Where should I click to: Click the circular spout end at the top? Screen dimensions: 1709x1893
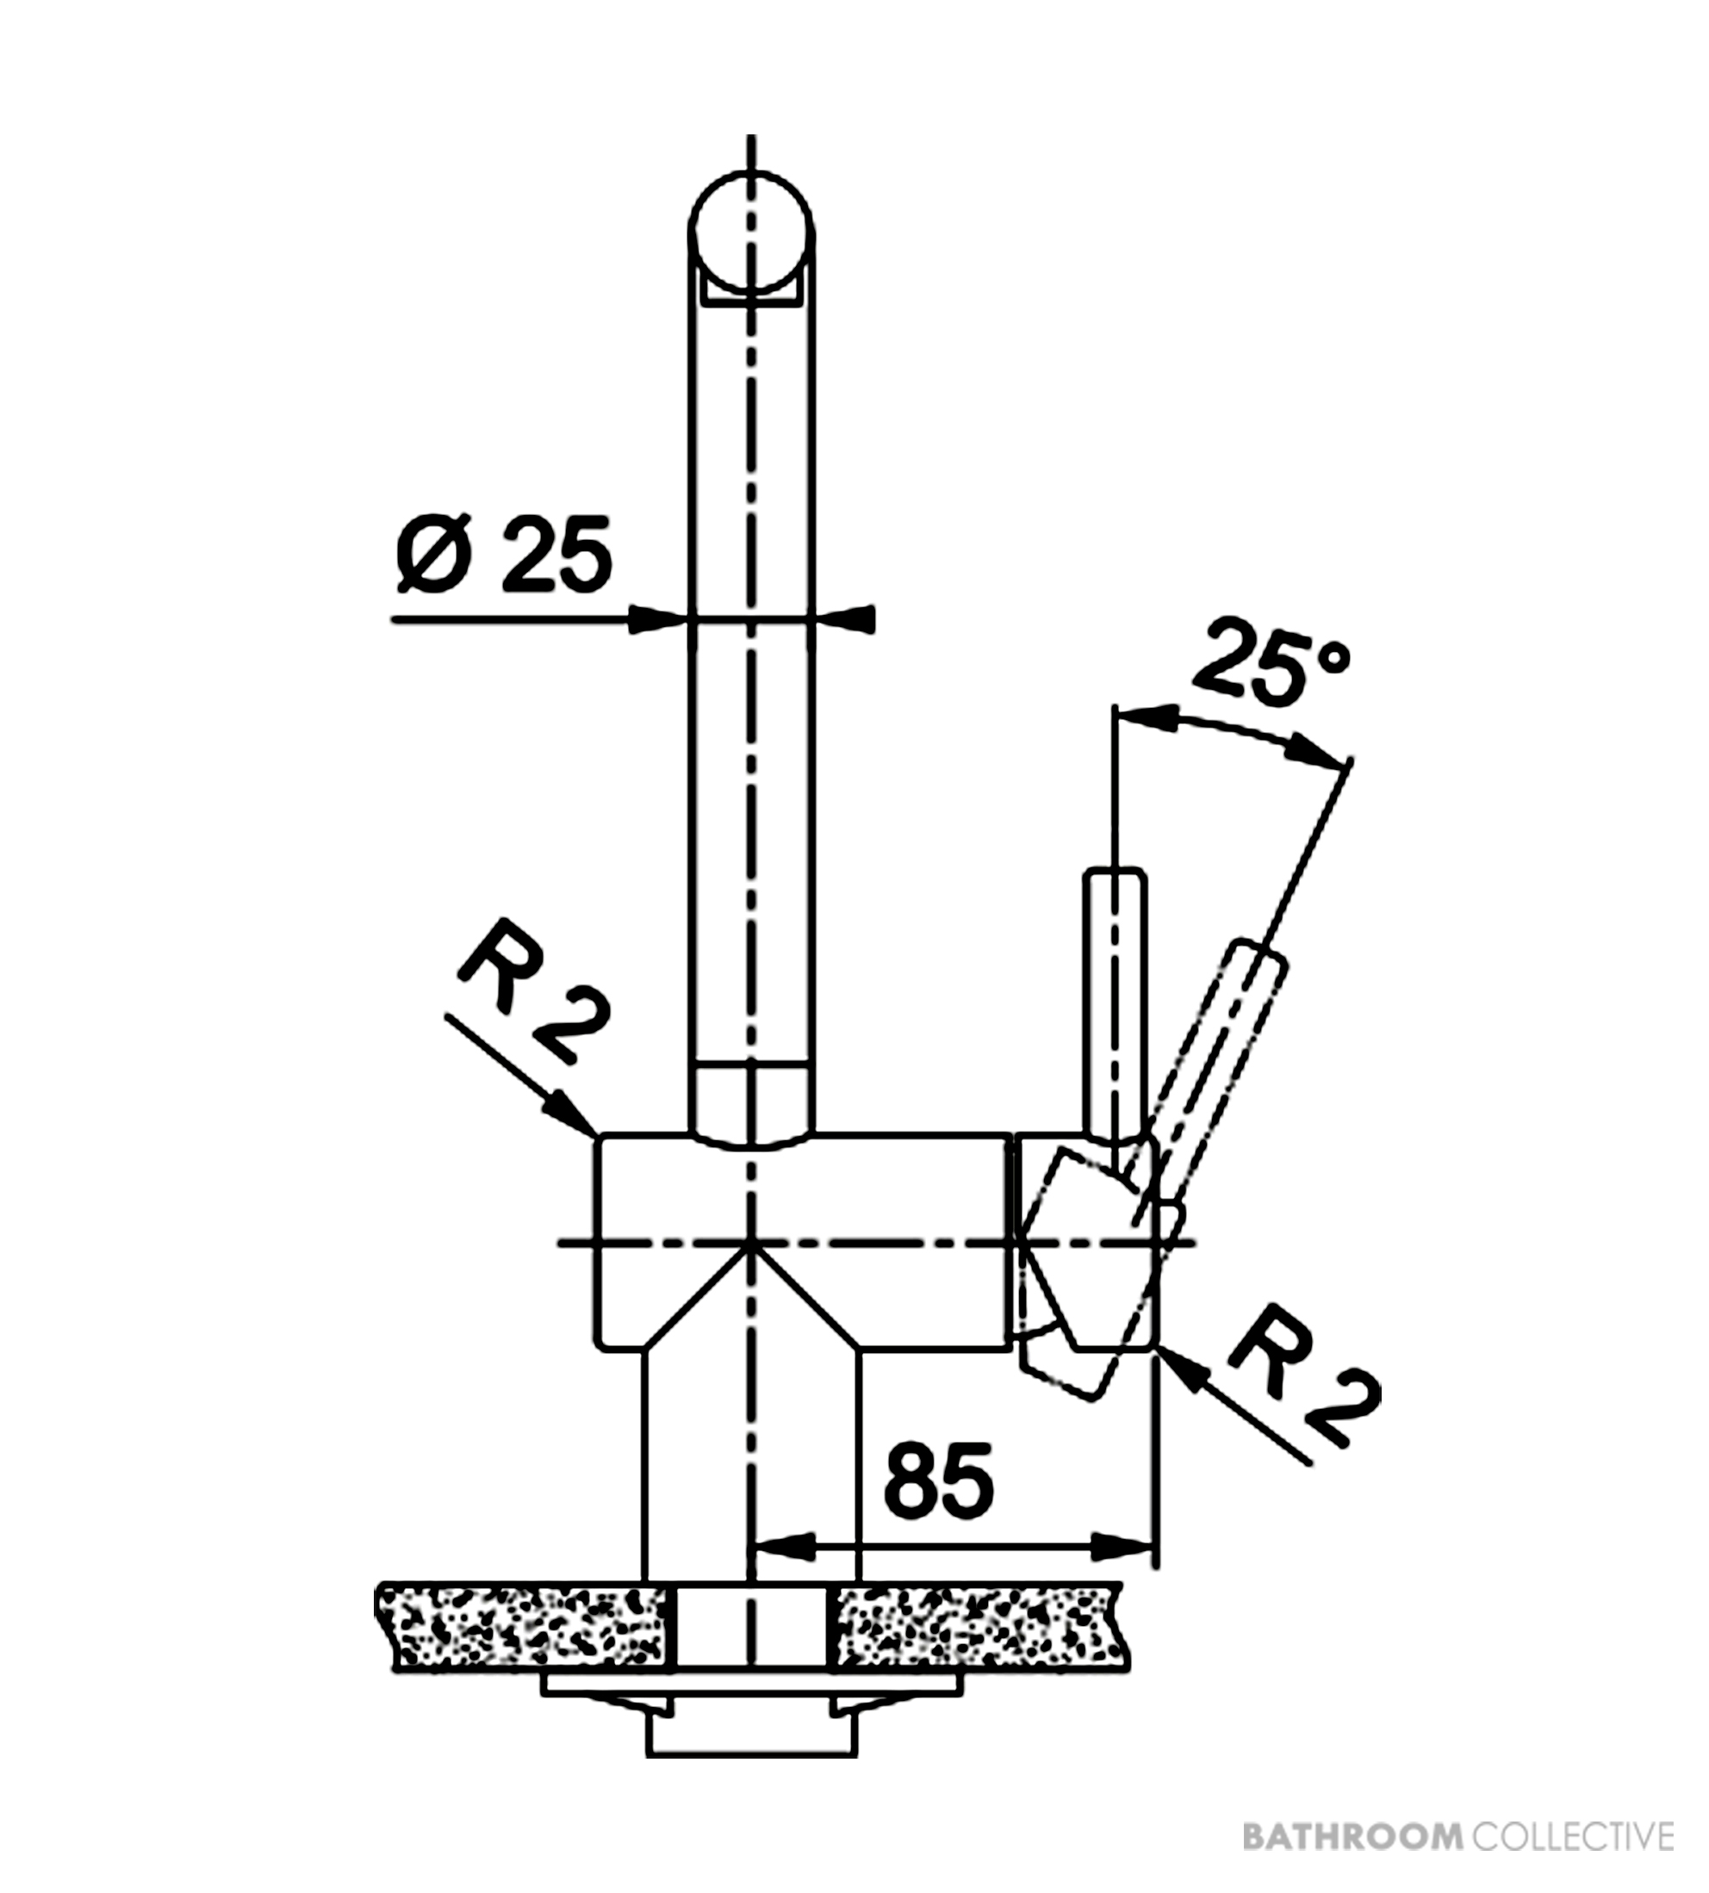tap(751, 232)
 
